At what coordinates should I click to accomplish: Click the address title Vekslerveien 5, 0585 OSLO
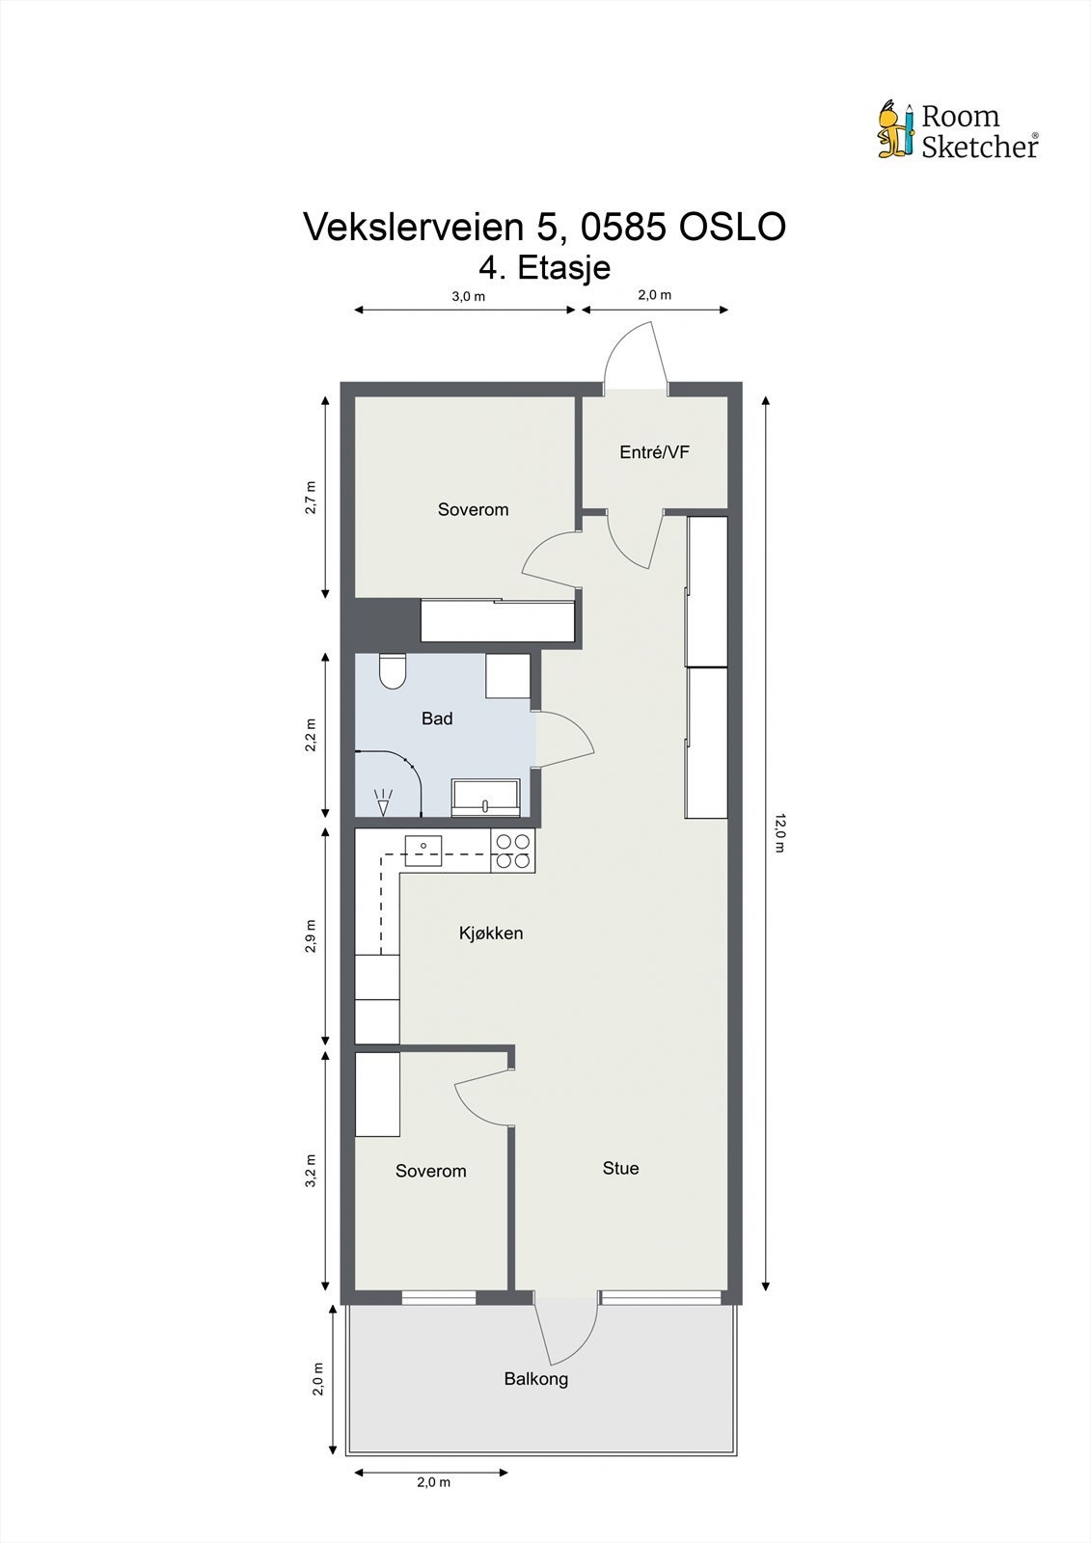(x=545, y=228)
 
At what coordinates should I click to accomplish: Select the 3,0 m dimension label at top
(x=468, y=296)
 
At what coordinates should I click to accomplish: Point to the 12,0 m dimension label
(x=780, y=833)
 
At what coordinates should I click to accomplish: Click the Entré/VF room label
(x=654, y=451)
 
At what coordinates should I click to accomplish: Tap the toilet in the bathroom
(x=392, y=671)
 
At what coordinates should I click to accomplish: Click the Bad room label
(x=437, y=718)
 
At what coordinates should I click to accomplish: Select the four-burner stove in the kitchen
(x=512, y=851)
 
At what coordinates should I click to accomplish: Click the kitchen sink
(x=423, y=850)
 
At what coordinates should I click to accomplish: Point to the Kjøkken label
(x=490, y=933)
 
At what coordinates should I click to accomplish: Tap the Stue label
(x=620, y=1168)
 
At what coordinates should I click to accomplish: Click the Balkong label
(x=535, y=1378)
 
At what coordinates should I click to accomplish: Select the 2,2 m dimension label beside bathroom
(x=310, y=735)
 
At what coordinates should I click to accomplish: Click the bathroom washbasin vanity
(x=486, y=799)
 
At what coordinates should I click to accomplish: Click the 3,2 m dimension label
(x=310, y=1171)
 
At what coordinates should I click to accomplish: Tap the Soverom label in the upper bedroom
(x=473, y=509)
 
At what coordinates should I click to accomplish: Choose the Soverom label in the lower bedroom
(x=430, y=1171)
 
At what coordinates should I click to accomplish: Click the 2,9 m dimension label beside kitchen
(x=310, y=935)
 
